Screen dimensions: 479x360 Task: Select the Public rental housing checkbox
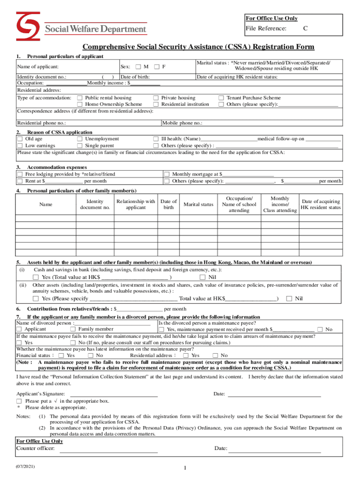(x=79, y=98)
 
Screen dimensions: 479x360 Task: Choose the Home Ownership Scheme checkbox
(x=79, y=104)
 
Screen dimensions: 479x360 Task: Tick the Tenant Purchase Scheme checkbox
(x=221, y=98)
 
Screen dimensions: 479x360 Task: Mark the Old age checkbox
(x=20, y=139)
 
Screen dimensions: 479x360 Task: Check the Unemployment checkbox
(x=79, y=139)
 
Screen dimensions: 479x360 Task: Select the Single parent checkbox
(x=79, y=145)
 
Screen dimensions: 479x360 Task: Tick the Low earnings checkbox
(x=20, y=145)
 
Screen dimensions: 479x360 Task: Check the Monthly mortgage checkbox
(x=166, y=174)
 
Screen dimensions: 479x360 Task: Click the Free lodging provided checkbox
(x=20, y=174)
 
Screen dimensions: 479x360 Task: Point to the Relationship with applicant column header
(x=136, y=204)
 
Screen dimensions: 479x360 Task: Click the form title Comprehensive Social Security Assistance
(x=198, y=47)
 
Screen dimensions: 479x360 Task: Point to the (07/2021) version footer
(x=24, y=467)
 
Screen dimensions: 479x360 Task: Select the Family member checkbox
(x=73, y=329)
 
